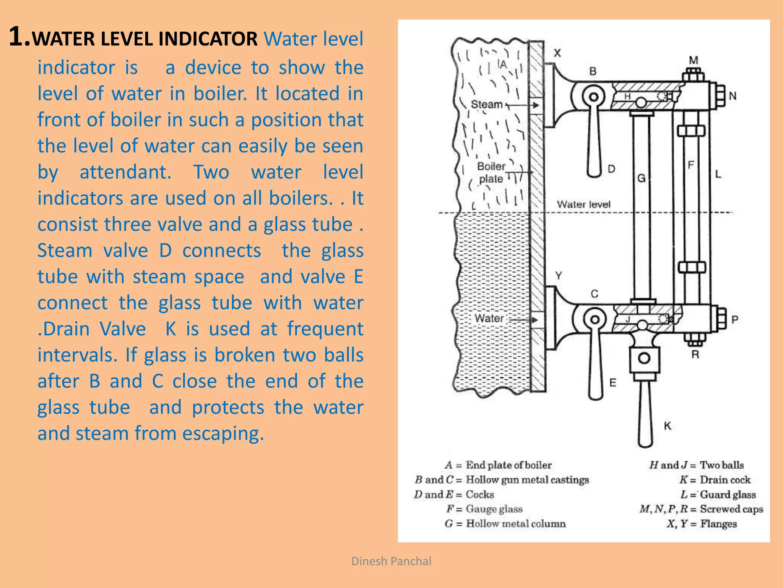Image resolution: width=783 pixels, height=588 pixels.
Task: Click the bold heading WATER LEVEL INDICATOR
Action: tap(145, 39)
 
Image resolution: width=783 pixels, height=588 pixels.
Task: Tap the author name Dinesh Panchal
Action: tap(391, 561)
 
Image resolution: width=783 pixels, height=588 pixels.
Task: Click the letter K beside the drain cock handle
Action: tap(668, 426)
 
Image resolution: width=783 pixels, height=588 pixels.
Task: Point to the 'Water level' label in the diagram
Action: tap(583, 204)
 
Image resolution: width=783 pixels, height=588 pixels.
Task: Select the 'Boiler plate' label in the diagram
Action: tap(491, 173)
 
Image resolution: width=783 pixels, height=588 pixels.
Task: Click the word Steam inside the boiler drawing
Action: tap(486, 104)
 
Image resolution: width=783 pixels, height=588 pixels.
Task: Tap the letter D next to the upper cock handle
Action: tap(611, 169)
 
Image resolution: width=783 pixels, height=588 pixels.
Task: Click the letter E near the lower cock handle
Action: tap(613, 382)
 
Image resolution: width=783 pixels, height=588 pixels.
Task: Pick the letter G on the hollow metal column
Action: tap(641, 178)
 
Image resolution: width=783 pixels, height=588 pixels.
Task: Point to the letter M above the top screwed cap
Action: tap(694, 60)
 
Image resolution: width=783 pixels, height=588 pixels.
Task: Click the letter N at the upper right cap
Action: tap(733, 96)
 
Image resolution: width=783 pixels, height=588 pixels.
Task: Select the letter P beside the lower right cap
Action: tap(734, 319)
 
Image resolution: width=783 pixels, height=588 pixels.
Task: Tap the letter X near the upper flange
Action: tap(557, 53)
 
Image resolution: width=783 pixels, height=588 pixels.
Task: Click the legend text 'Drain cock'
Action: tap(725, 480)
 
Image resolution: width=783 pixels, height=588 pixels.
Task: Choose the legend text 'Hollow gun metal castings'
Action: tap(527, 480)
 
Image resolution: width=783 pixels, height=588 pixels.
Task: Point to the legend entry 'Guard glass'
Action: tap(728, 495)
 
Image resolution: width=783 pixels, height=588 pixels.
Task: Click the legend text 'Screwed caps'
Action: tap(731, 509)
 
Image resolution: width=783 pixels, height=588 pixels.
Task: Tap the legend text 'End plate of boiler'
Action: tap(508, 465)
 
